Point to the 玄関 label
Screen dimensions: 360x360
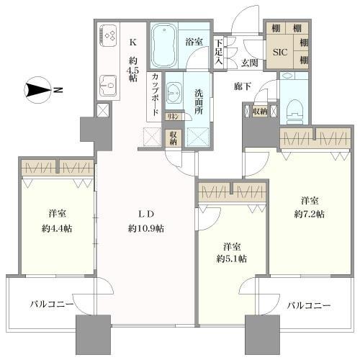[x=250, y=63]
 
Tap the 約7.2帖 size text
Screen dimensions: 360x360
[x=310, y=215]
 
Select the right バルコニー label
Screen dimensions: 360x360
[x=307, y=305]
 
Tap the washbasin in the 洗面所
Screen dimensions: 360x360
[x=175, y=91]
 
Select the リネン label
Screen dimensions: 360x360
[x=173, y=117]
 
